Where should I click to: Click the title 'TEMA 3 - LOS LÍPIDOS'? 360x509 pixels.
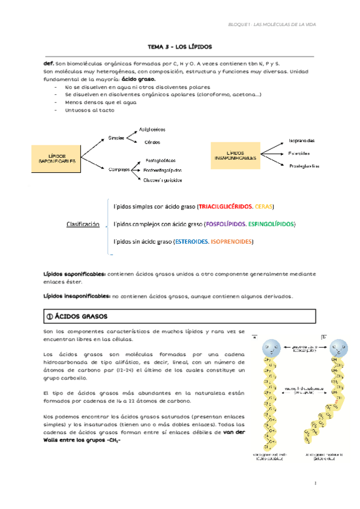(x=179, y=46)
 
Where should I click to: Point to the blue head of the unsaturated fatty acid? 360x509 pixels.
(x=338, y=348)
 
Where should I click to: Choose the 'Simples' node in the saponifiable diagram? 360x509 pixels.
(x=116, y=138)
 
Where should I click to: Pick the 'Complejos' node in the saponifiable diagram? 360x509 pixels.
(x=119, y=169)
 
